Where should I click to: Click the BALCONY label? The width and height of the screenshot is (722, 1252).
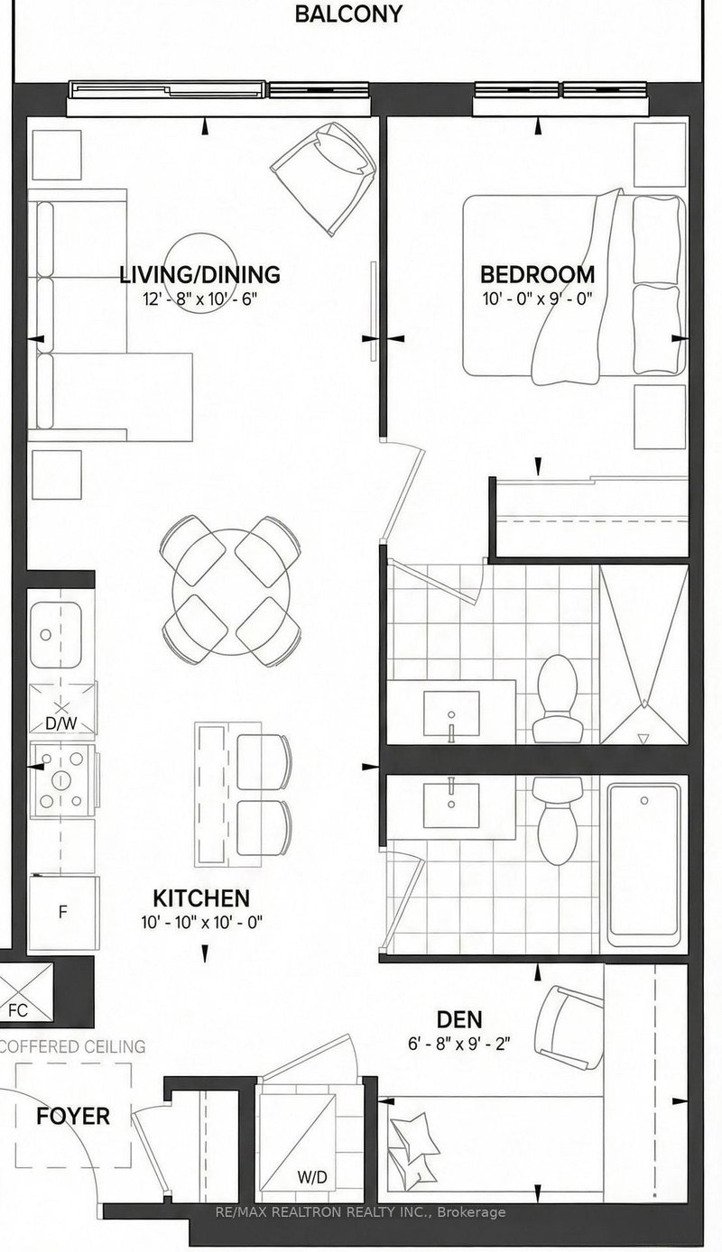348,14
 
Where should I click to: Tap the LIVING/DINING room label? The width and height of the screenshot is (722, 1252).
200,274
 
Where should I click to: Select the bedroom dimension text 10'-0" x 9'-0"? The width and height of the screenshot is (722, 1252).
537,299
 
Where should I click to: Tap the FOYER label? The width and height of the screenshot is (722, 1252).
72,1116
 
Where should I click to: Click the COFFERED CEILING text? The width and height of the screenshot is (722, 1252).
72,1046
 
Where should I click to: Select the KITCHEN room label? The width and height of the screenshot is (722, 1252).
200,898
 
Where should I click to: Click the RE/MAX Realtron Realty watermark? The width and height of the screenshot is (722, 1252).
361,1212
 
